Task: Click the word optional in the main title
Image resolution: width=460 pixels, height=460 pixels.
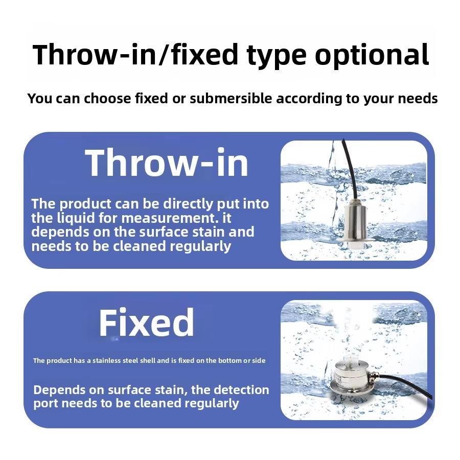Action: (372, 55)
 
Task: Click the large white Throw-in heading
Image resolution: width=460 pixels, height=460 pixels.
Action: (167, 163)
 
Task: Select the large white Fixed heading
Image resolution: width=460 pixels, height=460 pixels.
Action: (146, 323)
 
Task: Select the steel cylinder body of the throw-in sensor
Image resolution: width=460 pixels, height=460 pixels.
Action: (355, 221)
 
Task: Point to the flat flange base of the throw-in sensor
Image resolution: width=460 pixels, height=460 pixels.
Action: (355, 240)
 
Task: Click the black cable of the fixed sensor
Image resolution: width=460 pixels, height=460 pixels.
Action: (407, 384)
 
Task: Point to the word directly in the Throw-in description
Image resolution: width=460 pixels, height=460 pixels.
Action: (188, 204)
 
